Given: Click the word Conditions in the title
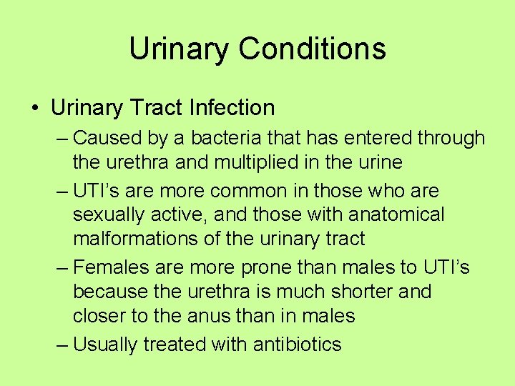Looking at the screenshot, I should pyautogui.click(x=313, y=49).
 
